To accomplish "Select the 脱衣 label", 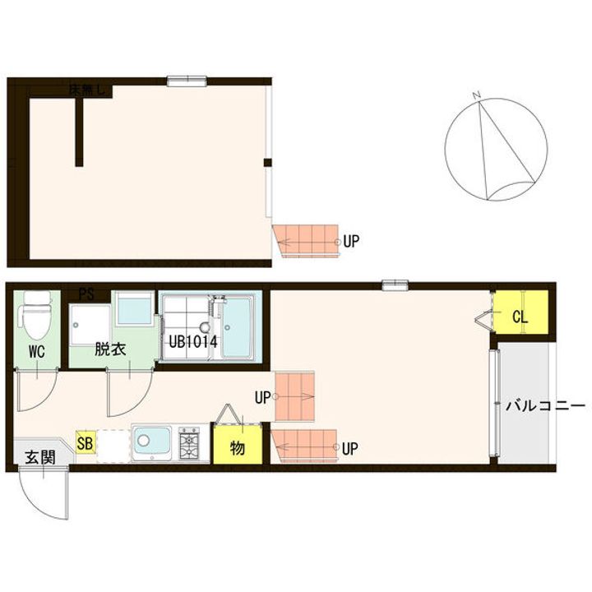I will (109, 349).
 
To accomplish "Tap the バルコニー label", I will (544, 406).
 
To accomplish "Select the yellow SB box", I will (84, 442).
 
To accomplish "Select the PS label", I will (86, 293).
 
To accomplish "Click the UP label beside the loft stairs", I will (351, 242).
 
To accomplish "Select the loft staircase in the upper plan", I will (308, 239).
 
